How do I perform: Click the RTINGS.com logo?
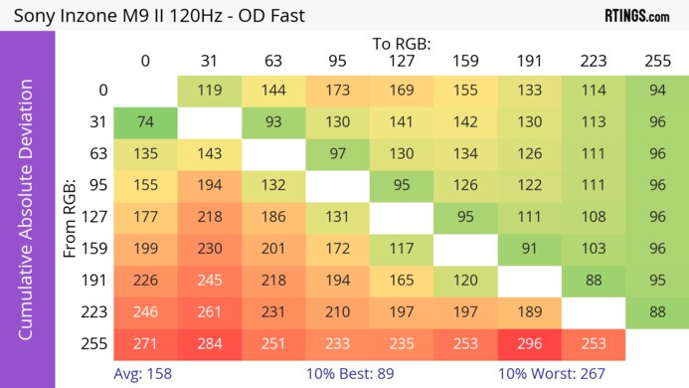coord(636,15)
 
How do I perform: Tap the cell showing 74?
coord(144,123)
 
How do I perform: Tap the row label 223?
coord(95,312)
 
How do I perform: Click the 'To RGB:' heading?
coord(401,44)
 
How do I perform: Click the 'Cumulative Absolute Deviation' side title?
coord(27,218)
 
